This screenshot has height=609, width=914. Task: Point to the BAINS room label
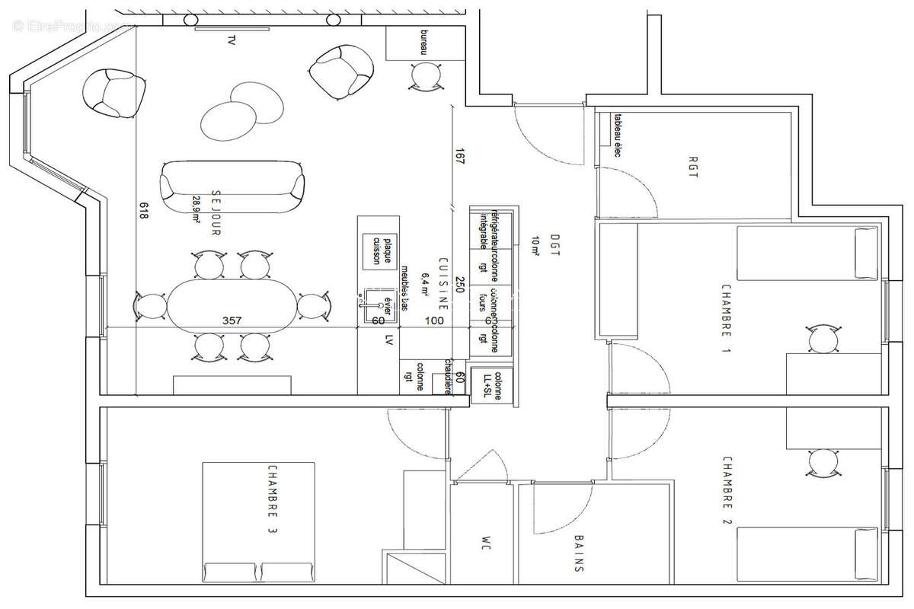(580, 553)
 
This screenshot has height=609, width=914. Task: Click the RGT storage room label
(692, 168)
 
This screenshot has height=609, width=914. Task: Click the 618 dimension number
(143, 211)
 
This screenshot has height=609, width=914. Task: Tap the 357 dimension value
(232, 320)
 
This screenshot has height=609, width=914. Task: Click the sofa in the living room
(232, 187)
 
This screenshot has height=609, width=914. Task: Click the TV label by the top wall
(231, 41)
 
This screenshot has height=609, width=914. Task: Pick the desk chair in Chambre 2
(823, 463)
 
